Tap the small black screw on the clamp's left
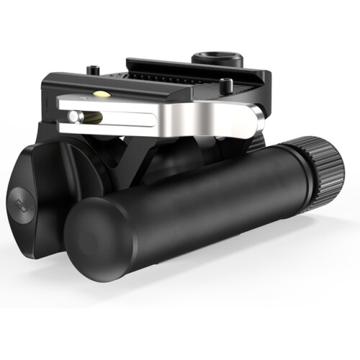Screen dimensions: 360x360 (x=93, y=71)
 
